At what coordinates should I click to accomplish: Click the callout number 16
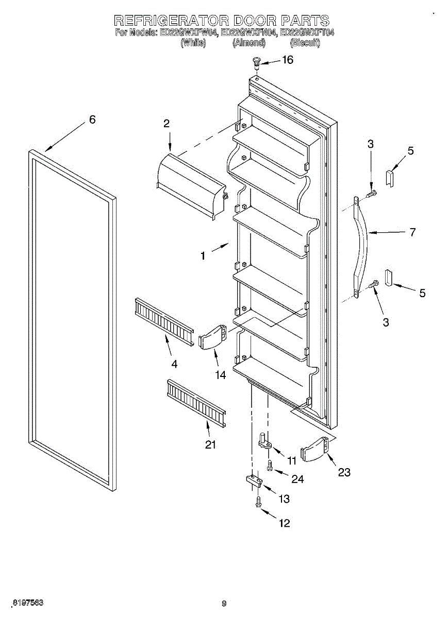[x=287, y=60]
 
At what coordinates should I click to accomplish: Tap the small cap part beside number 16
[x=256, y=63]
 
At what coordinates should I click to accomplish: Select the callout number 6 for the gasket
[x=92, y=119]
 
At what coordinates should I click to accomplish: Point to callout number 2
[x=167, y=123]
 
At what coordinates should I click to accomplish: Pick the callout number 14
[x=221, y=375]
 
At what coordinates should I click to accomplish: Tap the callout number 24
[x=297, y=479]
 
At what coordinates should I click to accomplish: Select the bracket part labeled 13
[x=253, y=480]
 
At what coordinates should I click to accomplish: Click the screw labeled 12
[x=258, y=503]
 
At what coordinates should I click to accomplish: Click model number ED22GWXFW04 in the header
[x=189, y=33]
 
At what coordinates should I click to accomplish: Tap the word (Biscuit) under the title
[x=305, y=43]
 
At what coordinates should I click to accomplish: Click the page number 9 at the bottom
[x=224, y=604]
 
